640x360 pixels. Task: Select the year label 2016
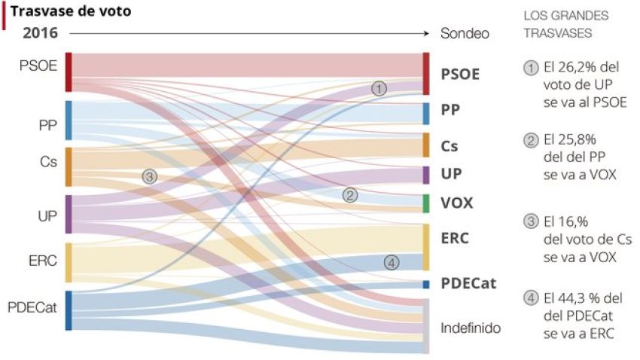(x=40, y=33)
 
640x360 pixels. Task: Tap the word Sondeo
(x=465, y=34)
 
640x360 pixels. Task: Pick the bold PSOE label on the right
(x=460, y=74)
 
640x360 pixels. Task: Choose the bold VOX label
(x=458, y=203)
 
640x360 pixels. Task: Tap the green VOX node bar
(x=426, y=203)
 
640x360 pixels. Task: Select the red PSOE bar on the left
(x=69, y=72)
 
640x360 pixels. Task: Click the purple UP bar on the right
(x=426, y=175)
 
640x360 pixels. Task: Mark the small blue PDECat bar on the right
(x=426, y=285)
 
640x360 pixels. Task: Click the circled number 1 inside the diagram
(x=379, y=88)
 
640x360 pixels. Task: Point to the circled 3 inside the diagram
(x=149, y=176)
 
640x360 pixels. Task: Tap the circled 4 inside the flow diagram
(x=391, y=263)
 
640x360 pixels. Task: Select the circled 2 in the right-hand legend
(x=530, y=141)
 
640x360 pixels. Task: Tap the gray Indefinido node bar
(x=426, y=326)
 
